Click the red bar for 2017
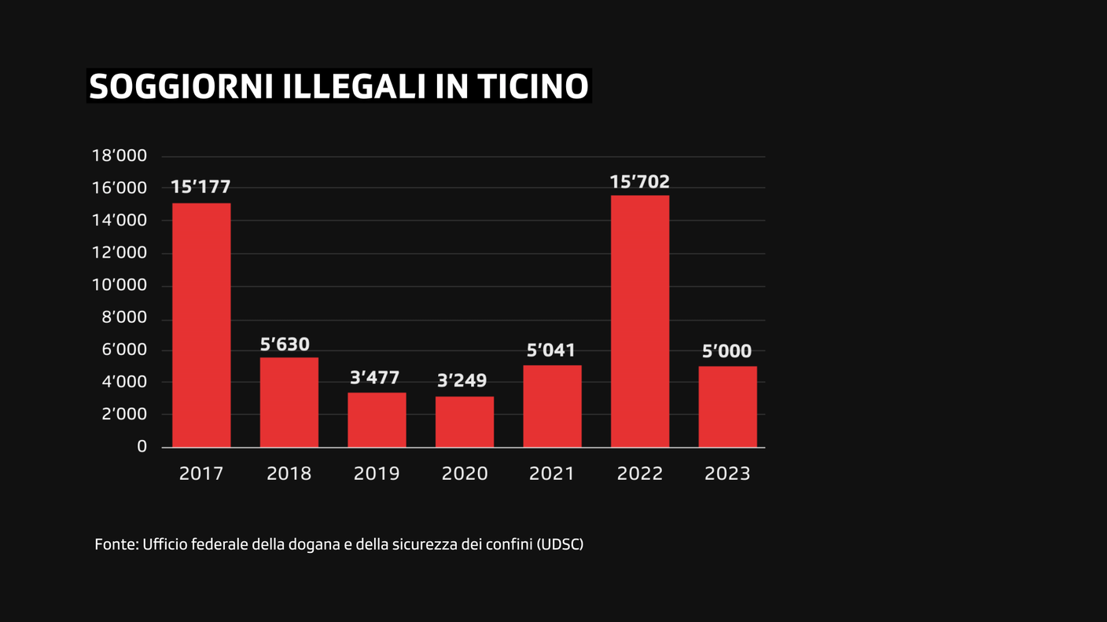pos(201,325)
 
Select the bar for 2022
pos(640,321)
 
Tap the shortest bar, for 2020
pos(465,422)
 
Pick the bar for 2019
pos(377,420)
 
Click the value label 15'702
pos(640,182)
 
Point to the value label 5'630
pos(285,345)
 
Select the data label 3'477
pos(374,379)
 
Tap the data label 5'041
pos(551,350)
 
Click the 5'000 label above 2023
pos(726,352)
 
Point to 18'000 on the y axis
pos(120,156)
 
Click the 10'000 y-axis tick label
pos(120,285)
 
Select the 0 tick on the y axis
pos(142,447)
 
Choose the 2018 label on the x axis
pos(289,474)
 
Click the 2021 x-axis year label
pos(552,474)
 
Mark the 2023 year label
pos(727,474)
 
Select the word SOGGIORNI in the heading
pos(180,87)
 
